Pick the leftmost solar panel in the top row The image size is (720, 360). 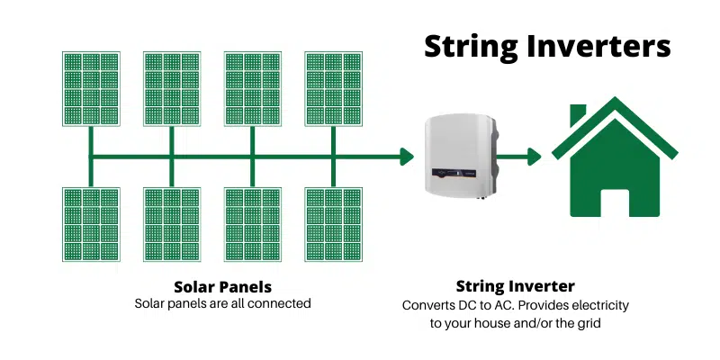tap(90, 89)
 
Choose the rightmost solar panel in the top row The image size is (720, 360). tap(333, 89)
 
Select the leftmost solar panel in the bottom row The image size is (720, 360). tap(90, 225)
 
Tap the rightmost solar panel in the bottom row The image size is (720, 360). tap(333, 225)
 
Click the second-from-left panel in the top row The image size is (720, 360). tap(171, 89)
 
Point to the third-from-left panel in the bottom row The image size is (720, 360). tap(252, 225)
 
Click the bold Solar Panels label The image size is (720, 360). tap(222, 287)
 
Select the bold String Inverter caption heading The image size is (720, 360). tap(516, 287)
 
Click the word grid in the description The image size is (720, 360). tap(586, 323)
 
